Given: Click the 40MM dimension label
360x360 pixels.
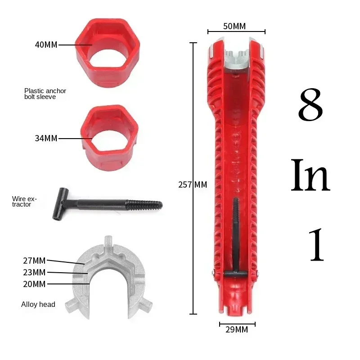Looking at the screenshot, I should (46, 45).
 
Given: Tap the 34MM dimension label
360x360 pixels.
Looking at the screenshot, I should (46, 138).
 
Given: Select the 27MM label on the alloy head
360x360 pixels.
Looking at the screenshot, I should (34, 260).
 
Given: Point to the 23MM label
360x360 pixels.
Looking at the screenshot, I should (34, 272).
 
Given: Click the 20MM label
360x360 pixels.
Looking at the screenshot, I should (34, 284).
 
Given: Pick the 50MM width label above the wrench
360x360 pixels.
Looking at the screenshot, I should (234, 26).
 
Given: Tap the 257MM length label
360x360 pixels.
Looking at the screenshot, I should (193, 184).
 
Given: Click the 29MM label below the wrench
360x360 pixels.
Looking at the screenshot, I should (237, 330).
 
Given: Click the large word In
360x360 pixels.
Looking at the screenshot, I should (310, 175).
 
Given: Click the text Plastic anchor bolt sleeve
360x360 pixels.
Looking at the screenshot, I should (45, 94).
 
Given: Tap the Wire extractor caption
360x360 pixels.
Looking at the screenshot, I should (25, 201).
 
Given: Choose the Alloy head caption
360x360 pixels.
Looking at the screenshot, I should (38, 305).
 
